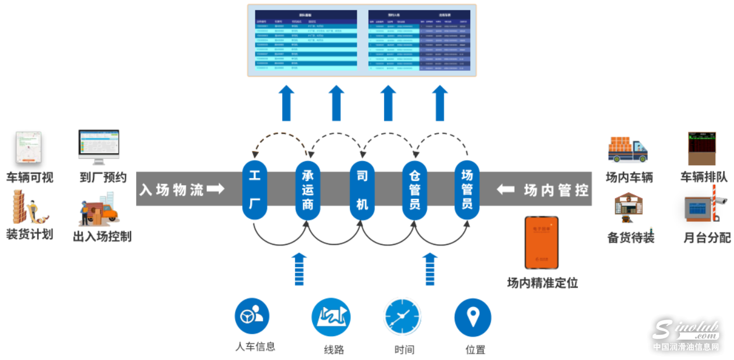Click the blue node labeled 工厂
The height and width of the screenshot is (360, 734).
pyautogui.click(x=255, y=189)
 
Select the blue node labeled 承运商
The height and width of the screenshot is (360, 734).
pyautogui.click(x=308, y=189)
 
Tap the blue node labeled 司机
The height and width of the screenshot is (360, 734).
pyautogui.click(x=362, y=189)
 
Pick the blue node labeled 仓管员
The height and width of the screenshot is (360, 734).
pyautogui.click(x=415, y=189)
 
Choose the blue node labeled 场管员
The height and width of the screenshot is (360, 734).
pyautogui.click(x=467, y=189)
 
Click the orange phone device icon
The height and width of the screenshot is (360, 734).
pyautogui.click(x=541, y=242)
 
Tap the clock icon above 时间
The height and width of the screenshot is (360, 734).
pyautogui.click(x=402, y=317)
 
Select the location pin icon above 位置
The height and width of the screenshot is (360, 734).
pyautogui.click(x=472, y=317)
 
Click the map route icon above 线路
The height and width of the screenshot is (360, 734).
pyautogui.click(x=331, y=317)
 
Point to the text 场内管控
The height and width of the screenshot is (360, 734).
pyautogui.click(x=556, y=190)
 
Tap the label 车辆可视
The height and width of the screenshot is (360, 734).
pyautogui.click(x=30, y=177)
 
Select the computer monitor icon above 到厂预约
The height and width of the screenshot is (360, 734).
pyautogui.click(x=99, y=148)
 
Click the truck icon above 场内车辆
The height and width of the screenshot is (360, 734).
pyautogui.click(x=628, y=149)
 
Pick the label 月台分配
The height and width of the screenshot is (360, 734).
pyautogui.click(x=707, y=238)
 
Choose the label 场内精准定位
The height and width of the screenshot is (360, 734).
pyautogui.click(x=542, y=283)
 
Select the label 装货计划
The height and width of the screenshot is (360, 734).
pyautogui.click(x=30, y=234)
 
